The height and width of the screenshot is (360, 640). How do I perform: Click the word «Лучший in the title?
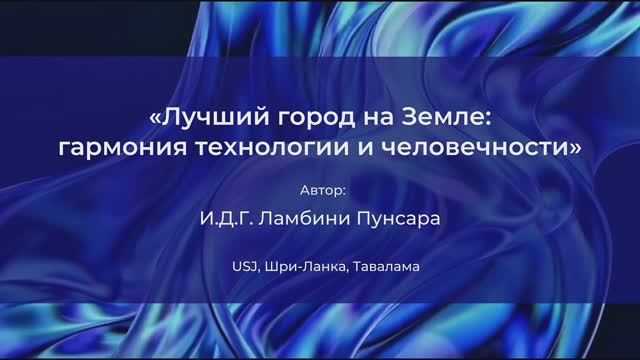pyautogui.click(x=197, y=119)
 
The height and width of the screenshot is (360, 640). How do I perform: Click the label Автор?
pyautogui.click(x=319, y=188)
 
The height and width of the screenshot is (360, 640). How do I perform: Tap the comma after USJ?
pyautogui.click(x=256, y=271)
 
